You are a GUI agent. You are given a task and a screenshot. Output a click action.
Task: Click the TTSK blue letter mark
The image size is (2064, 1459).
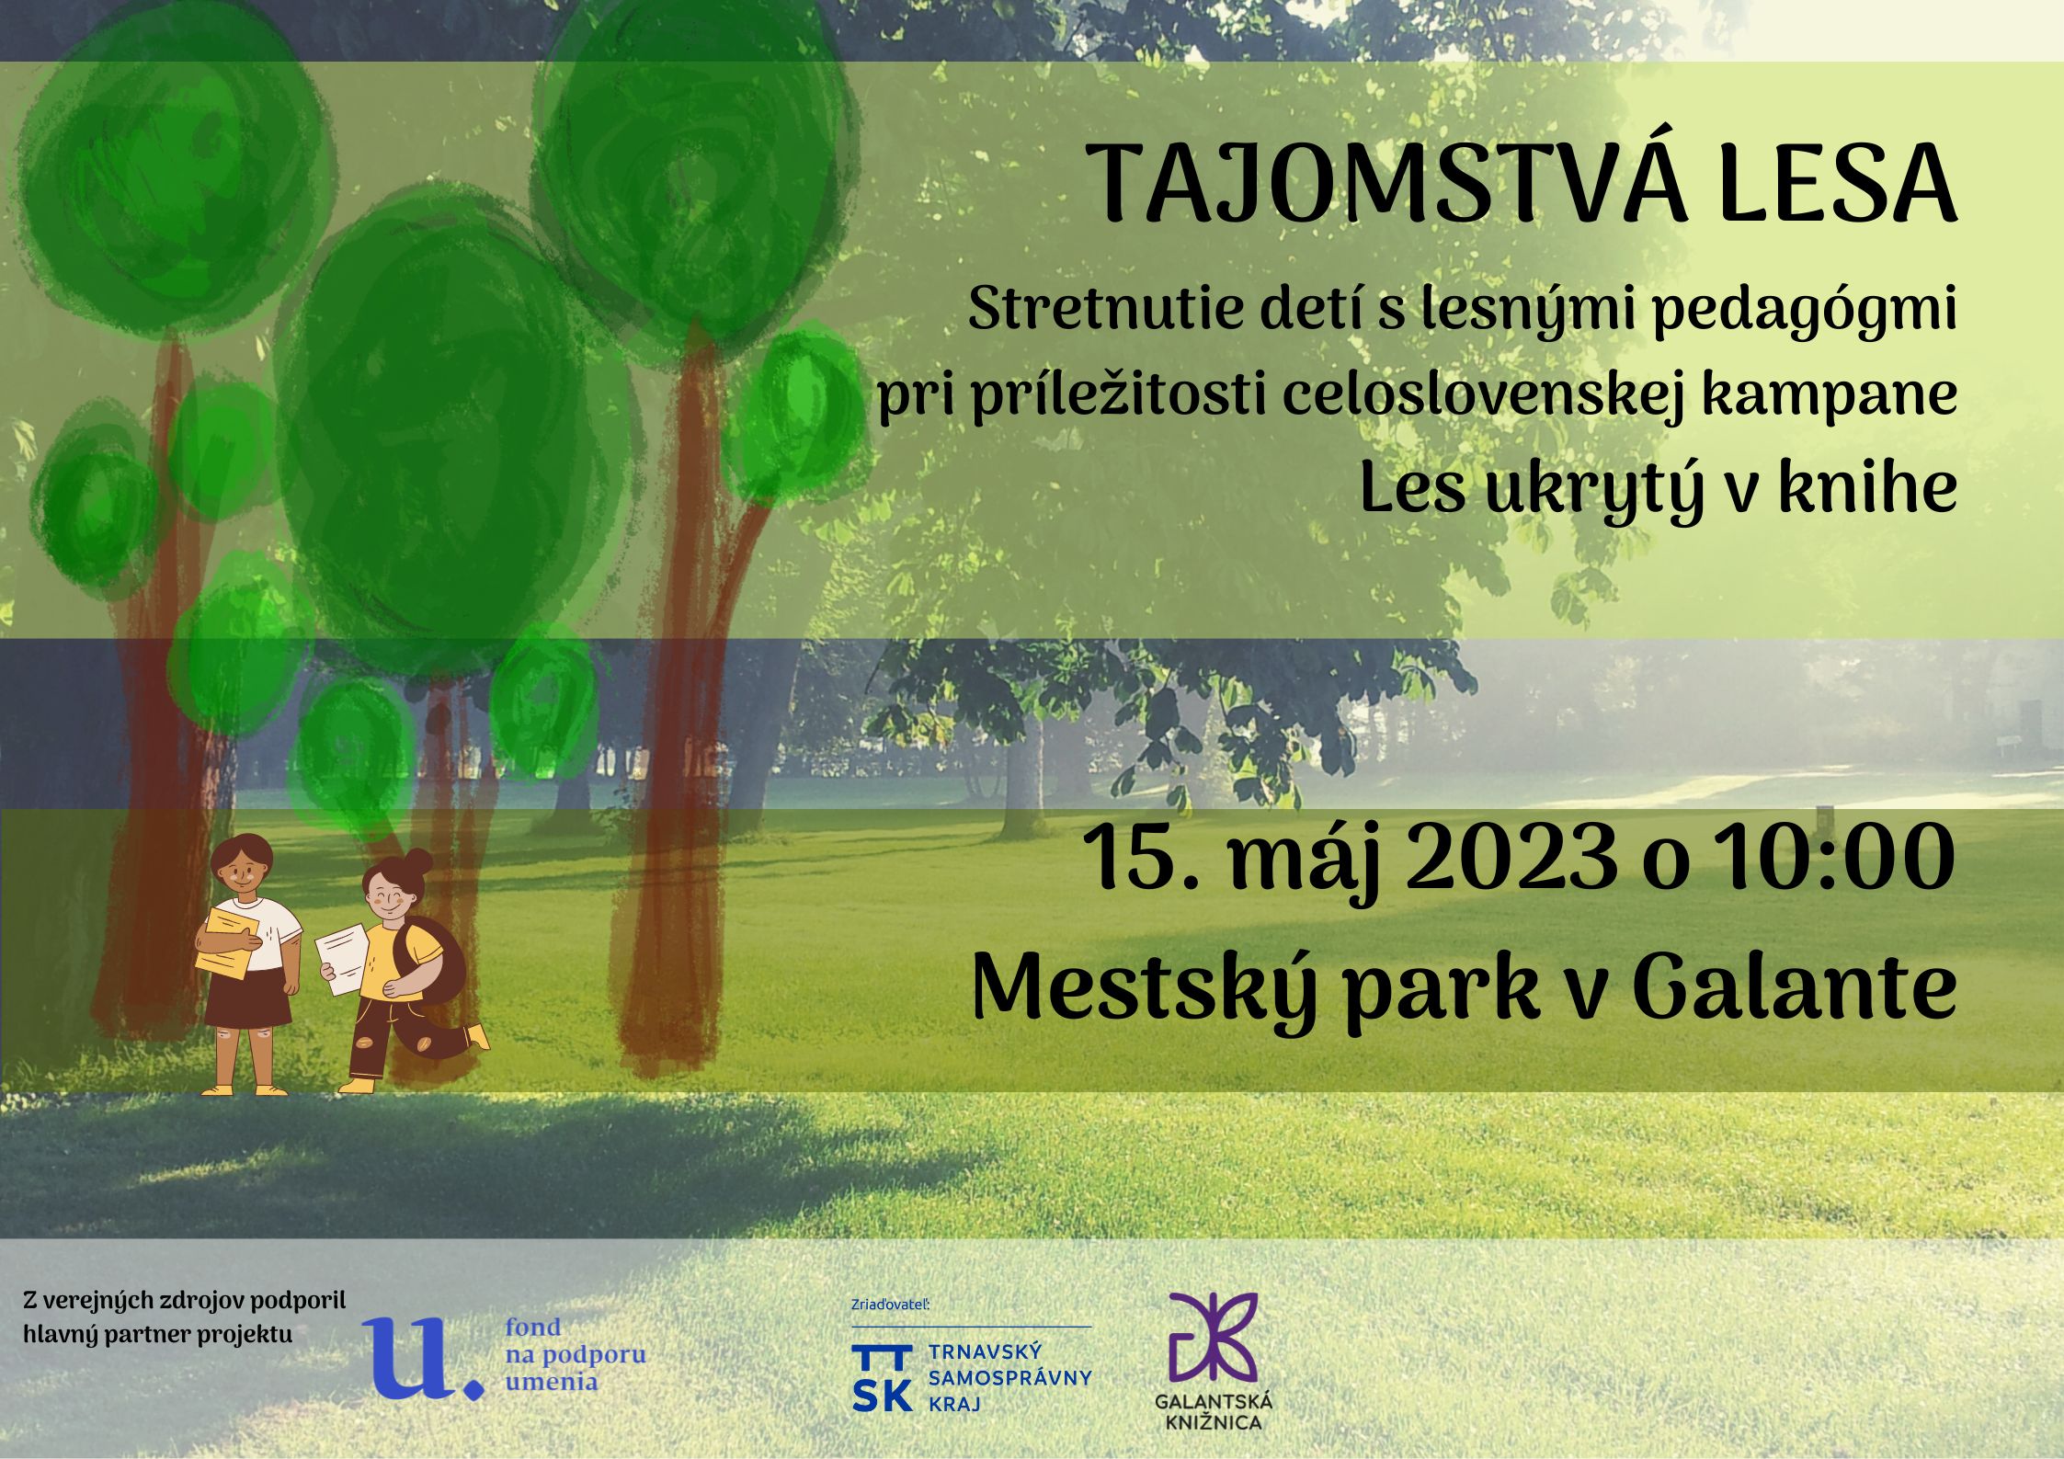[883, 1377]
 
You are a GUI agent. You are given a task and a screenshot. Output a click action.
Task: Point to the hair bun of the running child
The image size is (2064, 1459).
[418, 862]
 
